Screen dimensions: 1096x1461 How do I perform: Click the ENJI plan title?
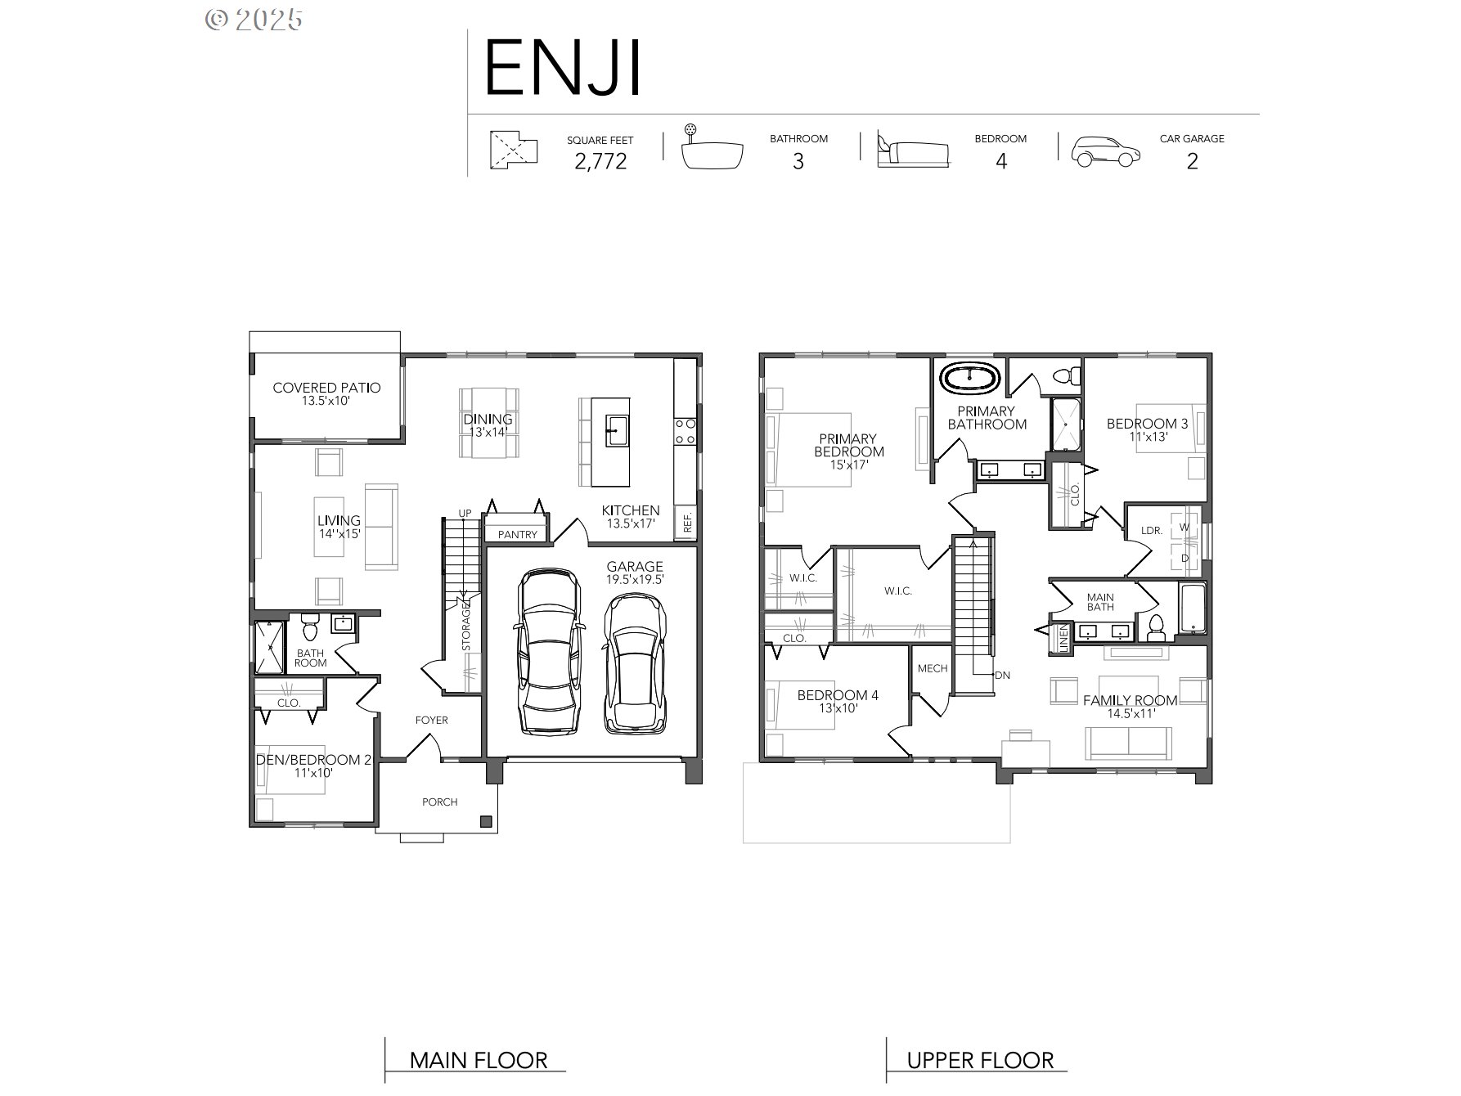tap(563, 69)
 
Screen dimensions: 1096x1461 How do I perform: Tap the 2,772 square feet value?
tap(600, 161)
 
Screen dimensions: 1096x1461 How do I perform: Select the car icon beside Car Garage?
tap(1105, 151)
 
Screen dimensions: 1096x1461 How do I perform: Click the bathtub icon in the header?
tap(713, 152)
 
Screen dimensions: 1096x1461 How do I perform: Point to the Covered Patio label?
tap(326, 388)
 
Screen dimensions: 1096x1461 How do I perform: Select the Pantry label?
tap(517, 534)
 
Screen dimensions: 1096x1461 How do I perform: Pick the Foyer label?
tap(432, 720)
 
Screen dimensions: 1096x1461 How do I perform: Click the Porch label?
tap(439, 802)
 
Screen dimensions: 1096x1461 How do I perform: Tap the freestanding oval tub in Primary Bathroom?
tap(969, 379)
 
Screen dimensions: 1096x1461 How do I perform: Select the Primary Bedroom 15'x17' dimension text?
tap(848, 465)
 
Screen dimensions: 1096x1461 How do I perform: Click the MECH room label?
tap(932, 668)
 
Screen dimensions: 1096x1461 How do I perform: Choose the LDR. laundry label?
tap(1151, 530)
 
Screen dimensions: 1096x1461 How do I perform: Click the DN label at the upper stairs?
tap(1002, 676)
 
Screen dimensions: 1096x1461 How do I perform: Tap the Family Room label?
tap(1130, 700)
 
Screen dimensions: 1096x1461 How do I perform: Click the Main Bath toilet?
tap(1156, 627)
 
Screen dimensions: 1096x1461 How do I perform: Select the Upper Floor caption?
tap(980, 1061)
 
